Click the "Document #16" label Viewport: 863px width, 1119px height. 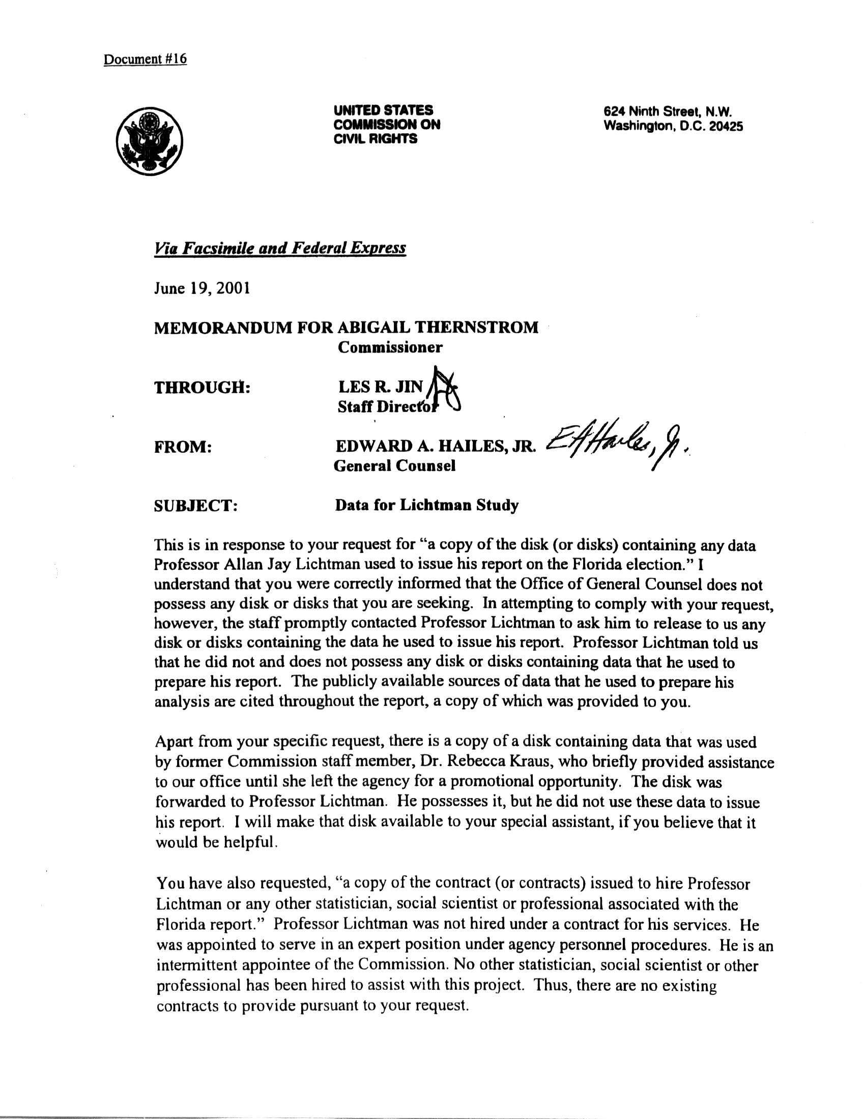coord(145,60)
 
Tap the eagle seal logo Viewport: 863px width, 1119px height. coord(149,139)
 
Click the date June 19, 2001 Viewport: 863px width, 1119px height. coord(202,288)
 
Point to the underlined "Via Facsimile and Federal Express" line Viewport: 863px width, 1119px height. coord(280,249)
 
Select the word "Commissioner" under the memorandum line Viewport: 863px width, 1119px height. coord(390,347)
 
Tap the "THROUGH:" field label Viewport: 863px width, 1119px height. coord(202,388)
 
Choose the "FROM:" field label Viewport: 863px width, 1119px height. coord(183,447)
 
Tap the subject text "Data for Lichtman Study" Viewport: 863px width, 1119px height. coord(426,506)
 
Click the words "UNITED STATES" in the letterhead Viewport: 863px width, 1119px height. coord(383,110)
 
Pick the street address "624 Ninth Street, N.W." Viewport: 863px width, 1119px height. coord(668,111)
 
